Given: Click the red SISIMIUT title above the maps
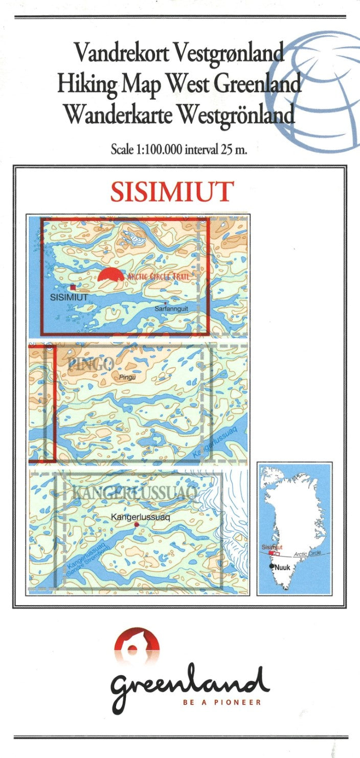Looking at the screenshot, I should [172, 191].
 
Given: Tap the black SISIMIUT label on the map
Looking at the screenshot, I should [71, 297].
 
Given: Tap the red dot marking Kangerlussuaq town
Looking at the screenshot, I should [137, 525].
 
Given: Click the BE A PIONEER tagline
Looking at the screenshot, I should [221, 702].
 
